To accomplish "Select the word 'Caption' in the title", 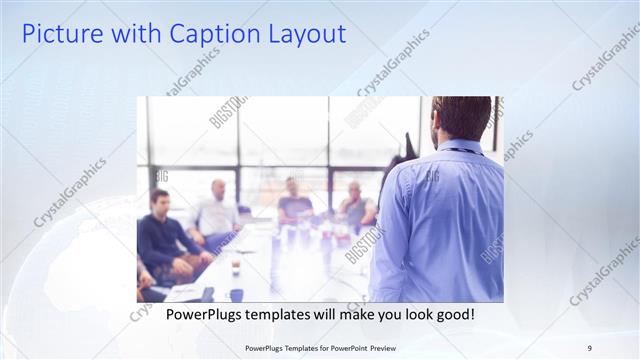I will point(210,34).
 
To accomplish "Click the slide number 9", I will point(589,348).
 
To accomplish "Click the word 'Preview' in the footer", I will point(410,348).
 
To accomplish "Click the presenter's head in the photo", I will point(462,118).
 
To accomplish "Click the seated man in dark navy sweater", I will point(162,236).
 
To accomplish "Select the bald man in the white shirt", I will point(216,212).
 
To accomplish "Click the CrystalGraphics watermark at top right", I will point(604,58).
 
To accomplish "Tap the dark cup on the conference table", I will point(236,294).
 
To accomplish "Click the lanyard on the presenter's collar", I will point(459,151).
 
